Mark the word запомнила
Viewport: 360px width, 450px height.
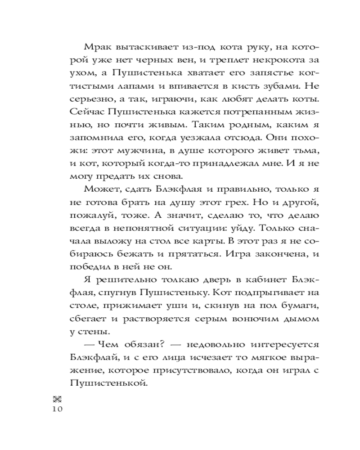coord(96,135)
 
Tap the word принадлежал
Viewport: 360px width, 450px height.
coord(226,161)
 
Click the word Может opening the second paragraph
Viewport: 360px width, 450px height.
coord(100,186)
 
